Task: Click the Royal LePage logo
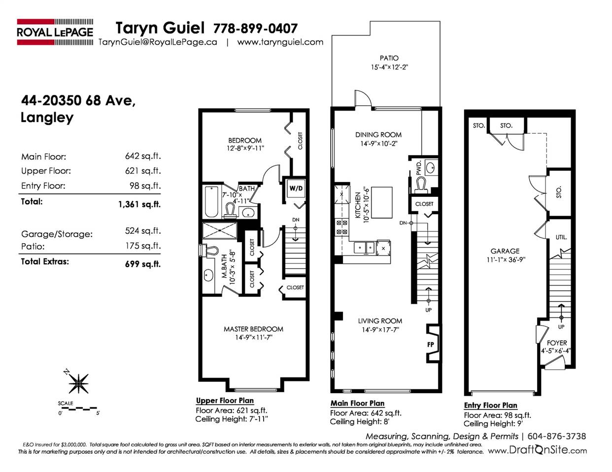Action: (x=55, y=32)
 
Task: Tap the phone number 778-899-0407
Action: (x=255, y=29)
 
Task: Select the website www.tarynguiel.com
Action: (x=280, y=42)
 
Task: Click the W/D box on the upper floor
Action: (x=296, y=189)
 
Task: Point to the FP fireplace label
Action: (x=430, y=345)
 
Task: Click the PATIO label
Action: (x=389, y=58)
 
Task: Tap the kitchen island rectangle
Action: (x=381, y=202)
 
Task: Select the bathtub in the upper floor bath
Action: (x=211, y=201)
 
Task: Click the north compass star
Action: (x=78, y=383)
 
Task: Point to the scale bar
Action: (x=78, y=408)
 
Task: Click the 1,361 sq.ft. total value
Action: (x=139, y=204)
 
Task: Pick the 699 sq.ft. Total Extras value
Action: (x=143, y=264)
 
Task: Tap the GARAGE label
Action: (x=505, y=251)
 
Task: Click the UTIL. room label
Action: (x=561, y=237)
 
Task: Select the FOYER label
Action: (x=557, y=343)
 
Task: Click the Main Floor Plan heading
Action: (x=357, y=404)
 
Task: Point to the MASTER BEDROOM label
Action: (x=253, y=329)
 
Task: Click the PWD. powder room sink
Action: (x=430, y=168)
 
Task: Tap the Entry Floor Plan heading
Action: (x=491, y=406)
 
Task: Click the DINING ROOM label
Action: (x=378, y=135)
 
